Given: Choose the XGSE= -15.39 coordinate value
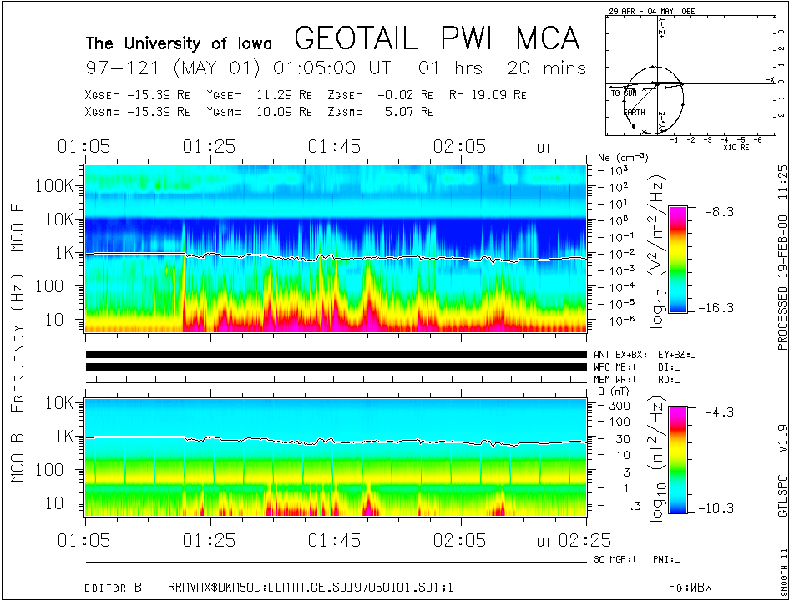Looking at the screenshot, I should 138,95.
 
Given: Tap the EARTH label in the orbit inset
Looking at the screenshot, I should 633,112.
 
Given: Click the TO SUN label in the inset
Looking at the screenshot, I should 625,93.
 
